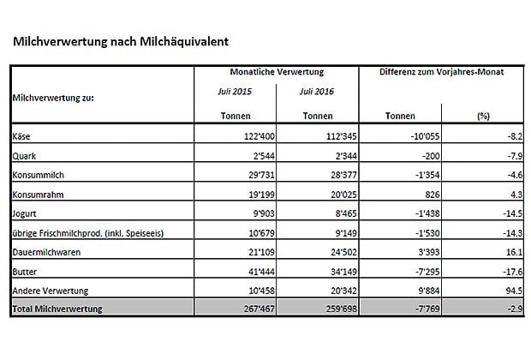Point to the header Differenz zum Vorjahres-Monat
coord(441,72)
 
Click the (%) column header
coord(482,116)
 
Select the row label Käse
coord(21,136)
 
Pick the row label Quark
coord(24,156)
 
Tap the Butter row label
coord(26,272)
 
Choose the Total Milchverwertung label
coord(58,309)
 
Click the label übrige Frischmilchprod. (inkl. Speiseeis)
coord(88,233)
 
